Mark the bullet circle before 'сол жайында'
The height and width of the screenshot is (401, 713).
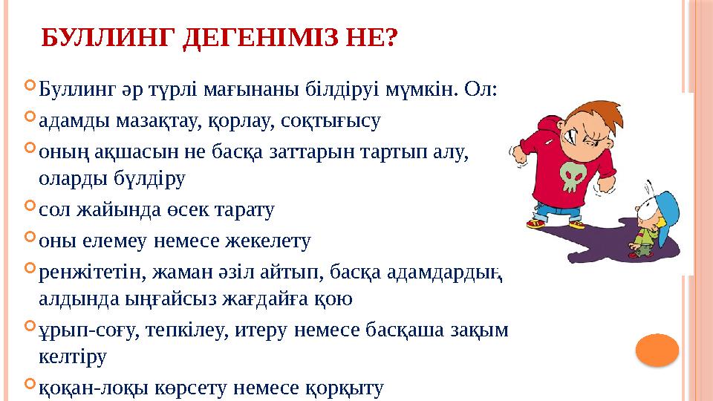(x=29, y=209)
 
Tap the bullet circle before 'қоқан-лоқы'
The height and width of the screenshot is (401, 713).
(x=29, y=385)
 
